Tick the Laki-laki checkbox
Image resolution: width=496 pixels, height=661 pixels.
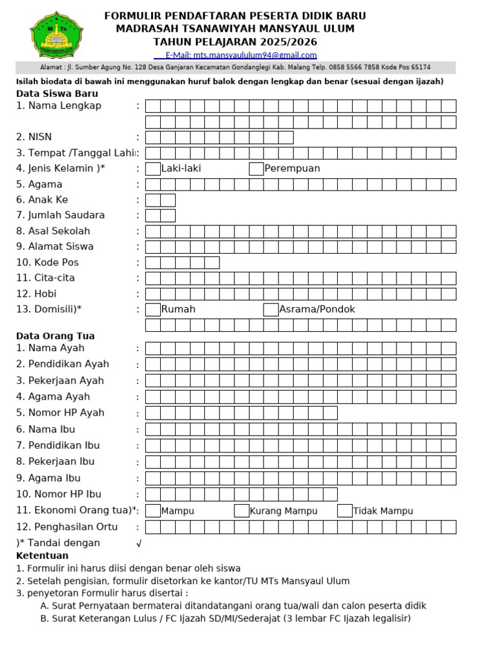(153, 169)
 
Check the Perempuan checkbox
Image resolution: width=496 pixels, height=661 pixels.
(256, 169)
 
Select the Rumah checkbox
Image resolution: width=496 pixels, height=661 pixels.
(153, 310)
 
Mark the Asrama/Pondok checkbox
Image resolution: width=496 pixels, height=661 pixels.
(271, 310)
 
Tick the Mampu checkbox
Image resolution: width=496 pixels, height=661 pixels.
(153, 511)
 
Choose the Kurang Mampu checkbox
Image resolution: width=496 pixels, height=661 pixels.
(242, 511)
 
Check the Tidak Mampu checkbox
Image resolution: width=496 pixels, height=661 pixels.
(345, 511)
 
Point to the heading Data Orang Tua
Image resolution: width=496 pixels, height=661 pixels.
(56, 336)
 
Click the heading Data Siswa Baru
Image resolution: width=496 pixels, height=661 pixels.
(57, 94)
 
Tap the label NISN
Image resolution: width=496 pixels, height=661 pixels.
(40, 137)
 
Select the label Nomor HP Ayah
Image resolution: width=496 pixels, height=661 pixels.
(66, 413)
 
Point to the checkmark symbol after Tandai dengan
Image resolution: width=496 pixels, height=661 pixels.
(139, 544)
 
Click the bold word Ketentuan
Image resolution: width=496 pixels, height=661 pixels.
(42, 556)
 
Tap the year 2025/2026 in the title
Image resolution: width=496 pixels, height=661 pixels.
(285, 41)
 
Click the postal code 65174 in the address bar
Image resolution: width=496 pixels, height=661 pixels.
(420, 68)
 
